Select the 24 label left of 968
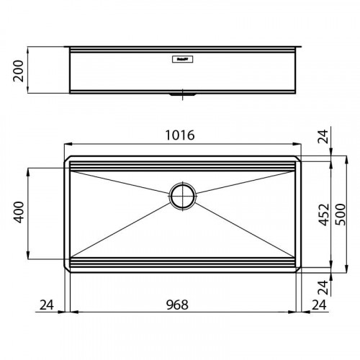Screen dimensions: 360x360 tap(48, 305)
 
